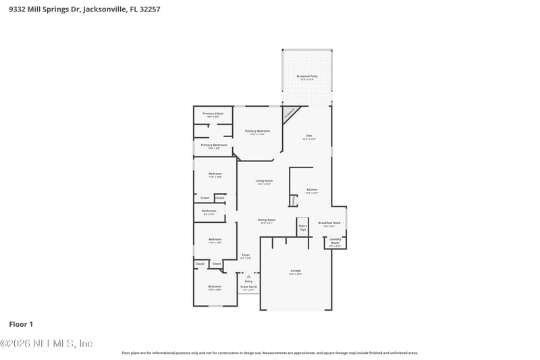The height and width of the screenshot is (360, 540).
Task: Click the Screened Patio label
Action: (307, 78)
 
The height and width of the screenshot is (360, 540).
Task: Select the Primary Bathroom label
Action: (214, 146)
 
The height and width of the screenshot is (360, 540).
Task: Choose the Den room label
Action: (309, 137)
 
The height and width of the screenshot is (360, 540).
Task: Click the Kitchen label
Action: (311, 190)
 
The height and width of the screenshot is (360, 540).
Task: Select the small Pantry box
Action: (294, 201)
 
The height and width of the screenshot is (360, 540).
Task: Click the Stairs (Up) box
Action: (302, 227)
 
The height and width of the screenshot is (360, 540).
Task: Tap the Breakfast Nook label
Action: (329, 224)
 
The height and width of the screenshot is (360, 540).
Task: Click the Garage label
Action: (296, 272)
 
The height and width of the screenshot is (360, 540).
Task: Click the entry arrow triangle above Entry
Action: (248, 276)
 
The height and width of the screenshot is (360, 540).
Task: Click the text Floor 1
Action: (21, 324)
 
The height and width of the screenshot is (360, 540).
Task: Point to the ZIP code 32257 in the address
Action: (151, 10)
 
